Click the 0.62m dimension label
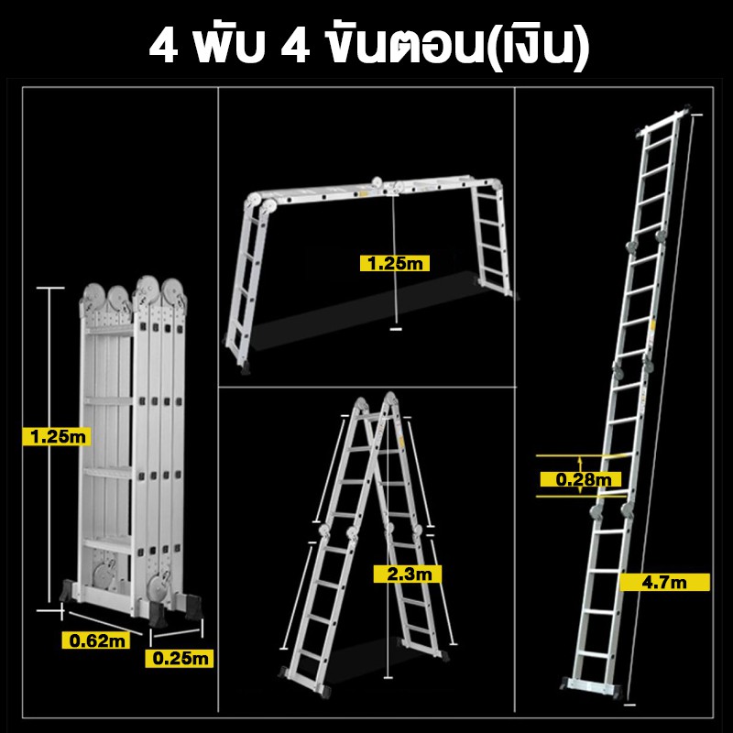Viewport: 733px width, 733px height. [x=96, y=640]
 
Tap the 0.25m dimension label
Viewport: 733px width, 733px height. [x=180, y=658]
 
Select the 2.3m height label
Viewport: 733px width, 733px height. [x=408, y=574]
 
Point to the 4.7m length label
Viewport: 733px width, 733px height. [x=665, y=583]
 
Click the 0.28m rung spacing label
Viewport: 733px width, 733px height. [x=581, y=479]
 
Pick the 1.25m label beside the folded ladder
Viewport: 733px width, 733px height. [x=57, y=437]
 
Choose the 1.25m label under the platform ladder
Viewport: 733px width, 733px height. [x=395, y=263]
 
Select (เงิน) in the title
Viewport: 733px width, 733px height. [x=535, y=46]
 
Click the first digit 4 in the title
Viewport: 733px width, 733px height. [x=163, y=48]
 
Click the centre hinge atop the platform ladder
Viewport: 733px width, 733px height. [x=377, y=183]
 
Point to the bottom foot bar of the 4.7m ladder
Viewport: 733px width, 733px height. [x=591, y=686]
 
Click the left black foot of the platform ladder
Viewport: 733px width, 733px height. [x=245, y=369]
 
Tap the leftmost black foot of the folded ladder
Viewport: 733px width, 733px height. [x=67, y=591]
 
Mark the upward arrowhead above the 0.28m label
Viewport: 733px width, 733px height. [x=580, y=461]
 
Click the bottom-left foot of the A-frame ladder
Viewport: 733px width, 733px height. [x=285, y=673]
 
